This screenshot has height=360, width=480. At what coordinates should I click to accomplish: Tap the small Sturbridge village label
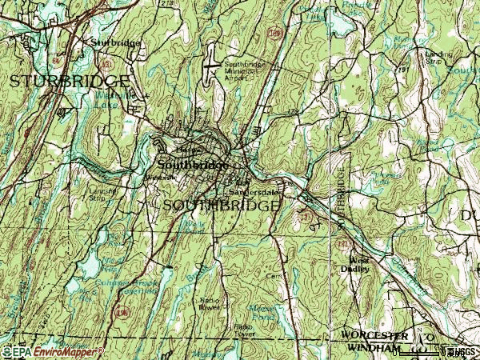115,42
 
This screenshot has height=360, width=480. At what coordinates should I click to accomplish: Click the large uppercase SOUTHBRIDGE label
222,206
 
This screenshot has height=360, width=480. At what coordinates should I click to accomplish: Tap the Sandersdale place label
254,192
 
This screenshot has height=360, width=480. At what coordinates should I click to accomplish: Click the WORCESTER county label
374,334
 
